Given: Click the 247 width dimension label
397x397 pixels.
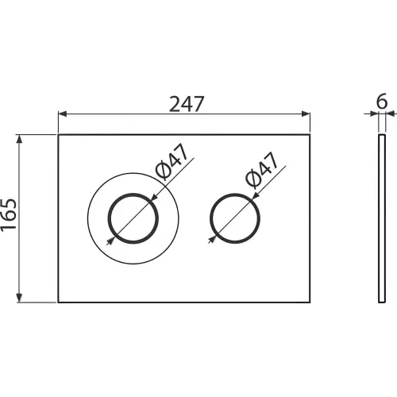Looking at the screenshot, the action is tap(187, 104).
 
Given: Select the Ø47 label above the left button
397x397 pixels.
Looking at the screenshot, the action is tap(172, 162).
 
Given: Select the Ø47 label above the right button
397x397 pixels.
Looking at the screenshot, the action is tap(262, 170).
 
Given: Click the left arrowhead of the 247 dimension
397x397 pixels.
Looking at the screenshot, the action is tap(62, 114).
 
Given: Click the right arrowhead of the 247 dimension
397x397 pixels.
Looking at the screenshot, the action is tap(306, 114).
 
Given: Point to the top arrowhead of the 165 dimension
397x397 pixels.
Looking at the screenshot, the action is tap(19, 139).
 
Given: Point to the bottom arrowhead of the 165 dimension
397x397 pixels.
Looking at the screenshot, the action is tap(19, 298).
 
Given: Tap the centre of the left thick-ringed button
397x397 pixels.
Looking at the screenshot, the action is tap(133, 218).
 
